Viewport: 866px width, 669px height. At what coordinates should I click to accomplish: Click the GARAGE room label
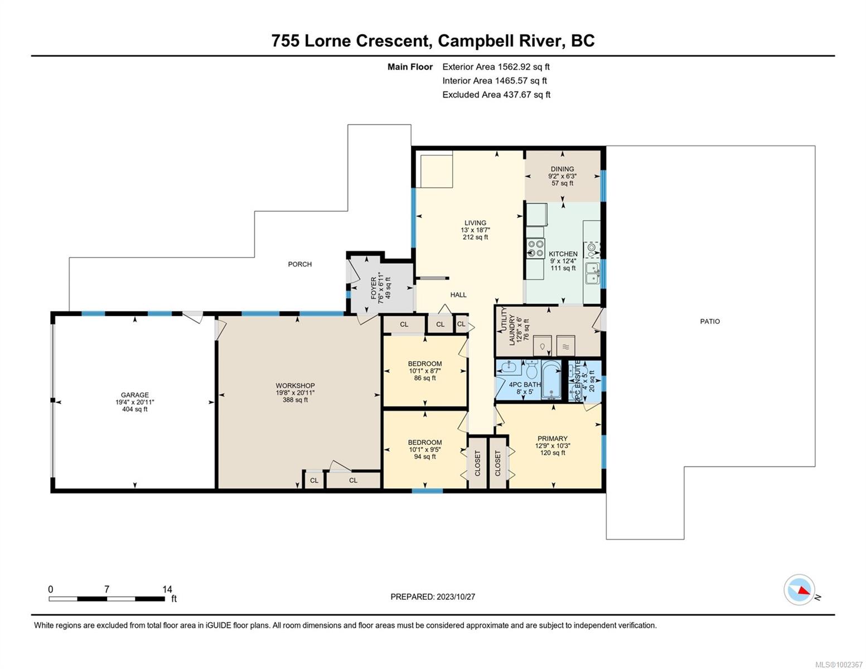tap(135, 395)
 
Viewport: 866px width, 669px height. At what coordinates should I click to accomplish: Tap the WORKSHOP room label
tap(295, 386)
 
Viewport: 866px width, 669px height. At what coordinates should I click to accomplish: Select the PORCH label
tap(299, 264)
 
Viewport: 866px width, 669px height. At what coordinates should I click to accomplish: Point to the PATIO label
tap(710, 321)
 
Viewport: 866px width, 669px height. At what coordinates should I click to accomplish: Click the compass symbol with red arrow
tap(799, 590)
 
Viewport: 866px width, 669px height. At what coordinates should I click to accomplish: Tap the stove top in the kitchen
tap(536, 248)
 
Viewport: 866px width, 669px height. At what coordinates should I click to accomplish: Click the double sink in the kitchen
tap(592, 273)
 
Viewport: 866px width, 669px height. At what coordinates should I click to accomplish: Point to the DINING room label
tap(562, 169)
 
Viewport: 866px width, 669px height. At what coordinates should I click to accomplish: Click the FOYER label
tap(374, 288)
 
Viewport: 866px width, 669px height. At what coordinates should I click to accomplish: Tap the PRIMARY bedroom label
tap(552, 439)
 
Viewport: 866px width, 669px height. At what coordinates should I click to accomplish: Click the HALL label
tap(458, 295)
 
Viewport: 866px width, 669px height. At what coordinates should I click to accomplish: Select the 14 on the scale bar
tap(167, 589)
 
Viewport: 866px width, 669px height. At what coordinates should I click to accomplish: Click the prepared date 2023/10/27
tap(456, 597)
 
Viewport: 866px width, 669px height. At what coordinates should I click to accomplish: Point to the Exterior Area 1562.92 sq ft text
tap(496, 67)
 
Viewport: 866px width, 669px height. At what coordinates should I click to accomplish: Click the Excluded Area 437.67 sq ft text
tap(496, 95)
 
